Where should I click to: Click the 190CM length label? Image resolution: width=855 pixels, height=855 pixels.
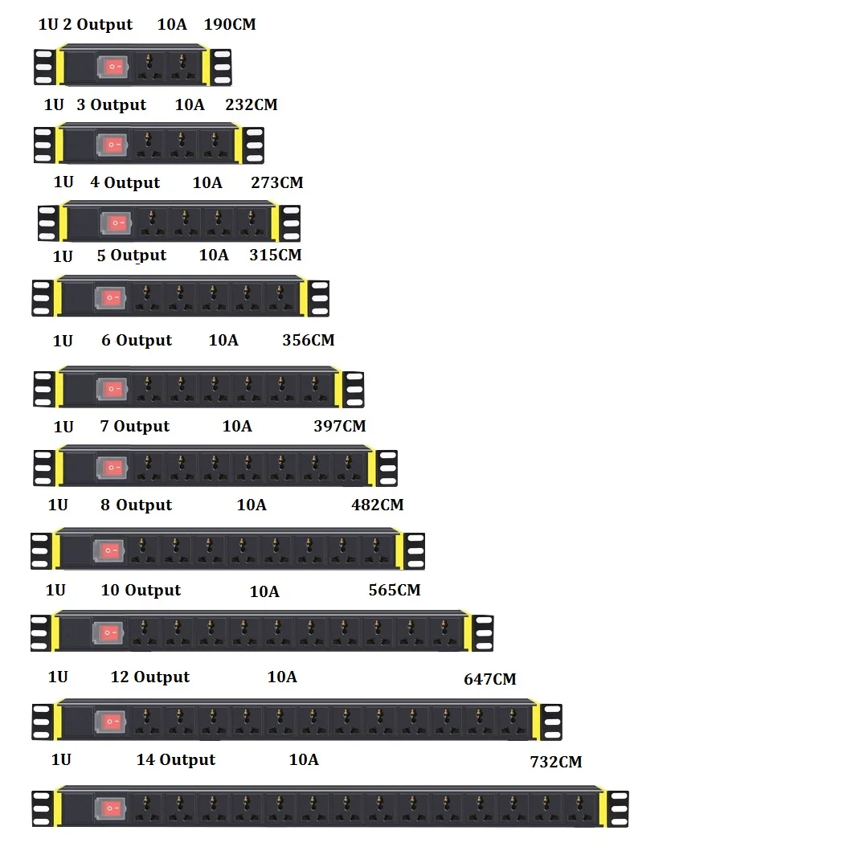(230, 24)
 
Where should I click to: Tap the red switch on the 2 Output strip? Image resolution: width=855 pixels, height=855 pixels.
(112, 67)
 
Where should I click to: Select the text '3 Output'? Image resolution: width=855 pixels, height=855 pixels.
(111, 104)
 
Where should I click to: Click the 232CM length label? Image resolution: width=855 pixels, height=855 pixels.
(252, 104)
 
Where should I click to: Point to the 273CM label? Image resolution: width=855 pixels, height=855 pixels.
(276, 182)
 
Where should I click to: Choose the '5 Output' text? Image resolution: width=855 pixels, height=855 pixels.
(131, 256)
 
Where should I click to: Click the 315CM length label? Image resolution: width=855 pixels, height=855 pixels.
(275, 255)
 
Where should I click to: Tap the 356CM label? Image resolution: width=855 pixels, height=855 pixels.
(308, 340)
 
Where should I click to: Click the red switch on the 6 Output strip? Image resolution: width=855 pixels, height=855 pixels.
(111, 389)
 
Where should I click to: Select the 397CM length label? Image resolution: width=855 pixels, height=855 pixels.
(339, 426)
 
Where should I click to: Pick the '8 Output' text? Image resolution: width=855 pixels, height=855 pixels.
(136, 505)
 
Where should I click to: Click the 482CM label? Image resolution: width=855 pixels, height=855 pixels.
(377, 505)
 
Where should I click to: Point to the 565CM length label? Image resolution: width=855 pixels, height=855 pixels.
(394, 590)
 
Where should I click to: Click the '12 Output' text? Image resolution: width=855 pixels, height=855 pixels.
(149, 677)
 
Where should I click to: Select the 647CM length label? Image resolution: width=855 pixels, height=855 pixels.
(489, 679)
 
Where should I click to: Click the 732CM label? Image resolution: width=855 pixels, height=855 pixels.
(555, 762)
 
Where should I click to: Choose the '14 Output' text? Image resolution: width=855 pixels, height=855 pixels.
(175, 759)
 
